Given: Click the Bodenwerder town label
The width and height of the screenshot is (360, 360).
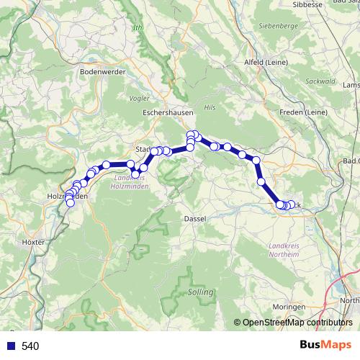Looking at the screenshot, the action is [x=104, y=72].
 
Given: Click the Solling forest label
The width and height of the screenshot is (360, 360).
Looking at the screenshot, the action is [x=200, y=292].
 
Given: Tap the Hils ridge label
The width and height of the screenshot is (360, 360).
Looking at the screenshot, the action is [x=210, y=107].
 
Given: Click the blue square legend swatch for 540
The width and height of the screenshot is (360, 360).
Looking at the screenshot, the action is [x=11, y=346].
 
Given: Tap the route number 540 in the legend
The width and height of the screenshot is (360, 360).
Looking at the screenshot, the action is [x=30, y=346].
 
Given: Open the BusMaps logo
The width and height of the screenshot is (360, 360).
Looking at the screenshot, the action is [x=325, y=346].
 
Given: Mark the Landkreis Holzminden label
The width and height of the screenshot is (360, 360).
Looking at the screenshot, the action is [x=134, y=181].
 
